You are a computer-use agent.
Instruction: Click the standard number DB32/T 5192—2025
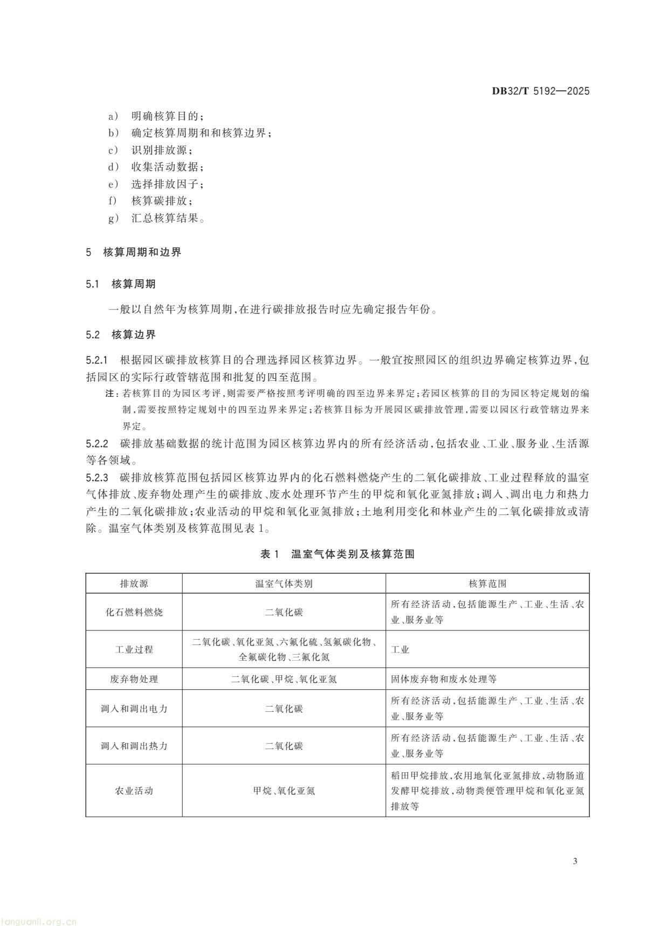click(540, 91)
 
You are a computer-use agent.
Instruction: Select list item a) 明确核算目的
click(156, 116)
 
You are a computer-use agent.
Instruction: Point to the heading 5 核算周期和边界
click(134, 252)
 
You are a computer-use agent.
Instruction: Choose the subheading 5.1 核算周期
click(121, 284)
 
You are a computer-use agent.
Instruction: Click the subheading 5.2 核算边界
click(121, 335)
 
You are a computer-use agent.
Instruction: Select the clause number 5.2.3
click(98, 478)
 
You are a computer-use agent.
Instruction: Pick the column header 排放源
click(134, 584)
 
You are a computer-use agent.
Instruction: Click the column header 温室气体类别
click(284, 584)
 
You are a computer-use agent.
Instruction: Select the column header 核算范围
click(487, 584)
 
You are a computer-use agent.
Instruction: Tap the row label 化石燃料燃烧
click(134, 612)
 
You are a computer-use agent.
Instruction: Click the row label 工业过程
click(134, 649)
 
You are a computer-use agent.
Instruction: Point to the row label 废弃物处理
click(134, 679)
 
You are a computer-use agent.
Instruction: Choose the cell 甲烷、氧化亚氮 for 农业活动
click(284, 791)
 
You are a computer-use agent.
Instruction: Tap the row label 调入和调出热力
click(134, 746)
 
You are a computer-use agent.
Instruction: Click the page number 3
click(575, 861)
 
